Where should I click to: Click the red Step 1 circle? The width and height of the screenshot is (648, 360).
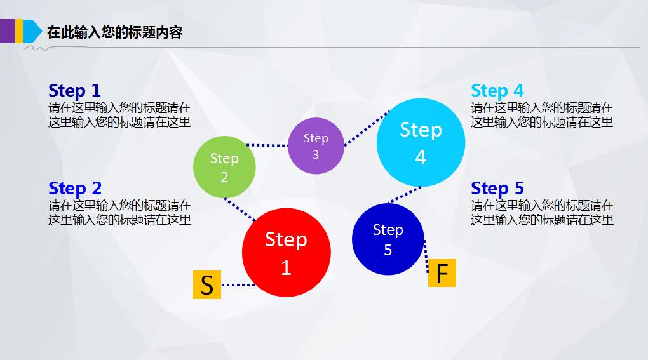coord(286,252)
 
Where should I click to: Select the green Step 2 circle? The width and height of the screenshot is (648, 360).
coord(224,167)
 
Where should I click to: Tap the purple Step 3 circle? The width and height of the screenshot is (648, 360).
coord(316,146)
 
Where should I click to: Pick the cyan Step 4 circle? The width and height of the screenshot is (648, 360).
coord(421,143)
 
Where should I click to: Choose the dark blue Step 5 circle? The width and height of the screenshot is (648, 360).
coord(388,239)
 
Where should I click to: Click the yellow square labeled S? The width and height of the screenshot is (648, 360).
coord(207,285)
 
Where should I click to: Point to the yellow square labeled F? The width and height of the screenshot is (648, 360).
coord(442,274)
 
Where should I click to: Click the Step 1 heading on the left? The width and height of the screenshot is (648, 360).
coord(74,90)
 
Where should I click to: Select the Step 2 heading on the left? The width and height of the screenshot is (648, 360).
coord(75,188)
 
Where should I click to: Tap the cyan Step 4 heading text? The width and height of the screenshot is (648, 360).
coord(497,90)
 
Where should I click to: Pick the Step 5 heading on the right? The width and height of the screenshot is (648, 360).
coord(497,188)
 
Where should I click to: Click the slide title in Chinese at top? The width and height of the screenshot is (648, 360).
coord(114,32)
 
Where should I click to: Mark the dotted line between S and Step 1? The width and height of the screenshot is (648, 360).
coord(237,285)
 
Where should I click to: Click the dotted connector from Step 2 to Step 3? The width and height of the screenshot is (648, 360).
coord(267,145)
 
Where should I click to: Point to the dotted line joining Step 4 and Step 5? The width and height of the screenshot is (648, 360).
coord(405,196)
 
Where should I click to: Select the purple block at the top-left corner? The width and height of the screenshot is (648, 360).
coord(7,31)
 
